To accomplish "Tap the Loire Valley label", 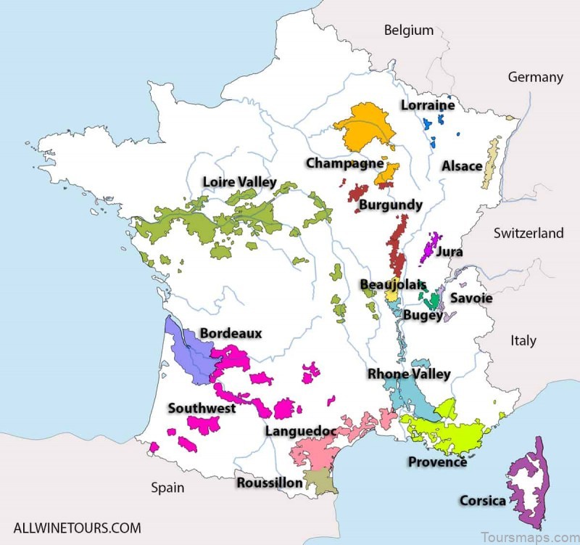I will [239, 182].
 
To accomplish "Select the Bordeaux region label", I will [231, 333].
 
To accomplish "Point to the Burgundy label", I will [390, 205].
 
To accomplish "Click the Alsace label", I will [462, 166].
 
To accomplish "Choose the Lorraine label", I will [428, 105].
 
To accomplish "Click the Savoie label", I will [471, 298].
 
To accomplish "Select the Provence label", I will [437, 462].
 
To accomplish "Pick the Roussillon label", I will [270, 483].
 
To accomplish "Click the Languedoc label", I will [300, 431].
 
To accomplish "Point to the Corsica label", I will [483, 501].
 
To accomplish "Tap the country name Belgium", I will [409, 30].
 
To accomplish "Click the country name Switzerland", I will [529, 233].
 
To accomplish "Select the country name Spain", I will [167, 487].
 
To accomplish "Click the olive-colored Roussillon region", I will [317, 479].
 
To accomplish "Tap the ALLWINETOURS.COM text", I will [77, 528].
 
